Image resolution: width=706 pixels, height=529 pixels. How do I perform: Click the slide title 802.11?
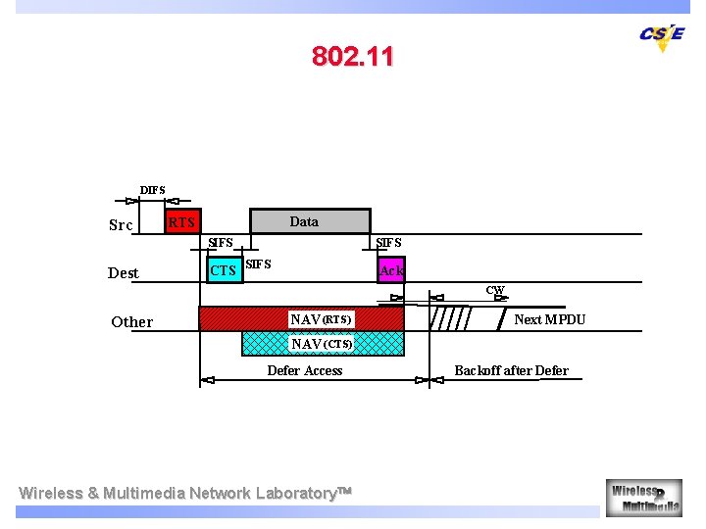[x=353, y=57]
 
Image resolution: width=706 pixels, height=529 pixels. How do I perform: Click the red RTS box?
[x=181, y=222]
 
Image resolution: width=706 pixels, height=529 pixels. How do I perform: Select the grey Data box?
[x=310, y=221]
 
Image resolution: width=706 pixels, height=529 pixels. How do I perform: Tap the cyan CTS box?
[x=224, y=269]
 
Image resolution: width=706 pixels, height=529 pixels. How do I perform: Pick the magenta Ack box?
[x=391, y=269]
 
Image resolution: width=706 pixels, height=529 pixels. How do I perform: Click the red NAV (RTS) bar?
[x=301, y=318]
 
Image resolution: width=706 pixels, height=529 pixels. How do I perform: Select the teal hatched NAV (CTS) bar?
[x=323, y=343]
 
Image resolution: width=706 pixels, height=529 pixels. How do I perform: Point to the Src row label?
[x=121, y=225]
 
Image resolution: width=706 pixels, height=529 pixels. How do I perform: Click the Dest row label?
[x=124, y=273]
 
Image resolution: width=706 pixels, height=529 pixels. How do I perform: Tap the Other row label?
[x=132, y=322]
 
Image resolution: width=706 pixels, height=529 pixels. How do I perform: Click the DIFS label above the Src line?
[x=153, y=190]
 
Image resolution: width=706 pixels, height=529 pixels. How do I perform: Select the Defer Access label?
[x=305, y=370]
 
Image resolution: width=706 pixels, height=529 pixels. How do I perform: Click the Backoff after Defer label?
[x=511, y=370]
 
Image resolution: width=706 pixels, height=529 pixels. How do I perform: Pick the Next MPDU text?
[x=550, y=319]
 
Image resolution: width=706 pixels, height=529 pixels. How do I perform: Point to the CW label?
[x=495, y=290]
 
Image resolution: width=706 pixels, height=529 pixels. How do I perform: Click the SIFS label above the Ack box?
[x=388, y=243]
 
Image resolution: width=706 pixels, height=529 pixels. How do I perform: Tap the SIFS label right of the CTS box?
[x=258, y=264]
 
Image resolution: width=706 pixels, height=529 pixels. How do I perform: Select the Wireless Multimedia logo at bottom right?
[x=643, y=497]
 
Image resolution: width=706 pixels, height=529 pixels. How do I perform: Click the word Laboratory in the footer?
[x=295, y=493]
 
